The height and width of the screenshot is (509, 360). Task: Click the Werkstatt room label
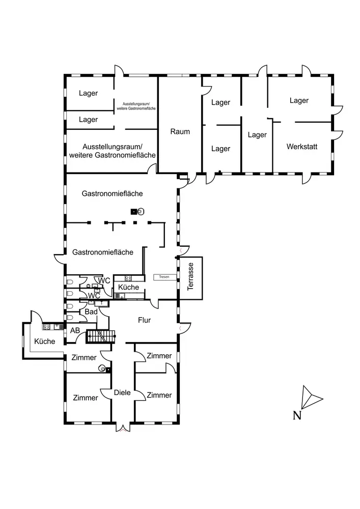(x=302, y=147)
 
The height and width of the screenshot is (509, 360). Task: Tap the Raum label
(x=180, y=131)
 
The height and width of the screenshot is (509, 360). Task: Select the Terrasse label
(x=190, y=276)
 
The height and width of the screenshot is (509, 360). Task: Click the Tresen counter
(x=165, y=277)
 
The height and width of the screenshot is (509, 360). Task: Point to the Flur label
(x=145, y=320)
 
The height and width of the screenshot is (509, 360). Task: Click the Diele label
(x=122, y=392)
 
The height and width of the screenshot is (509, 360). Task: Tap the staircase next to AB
(x=101, y=336)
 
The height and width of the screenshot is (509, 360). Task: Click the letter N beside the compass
(x=297, y=415)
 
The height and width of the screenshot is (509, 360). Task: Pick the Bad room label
(x=91, y=312)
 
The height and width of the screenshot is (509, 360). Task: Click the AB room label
(x=75, y=330)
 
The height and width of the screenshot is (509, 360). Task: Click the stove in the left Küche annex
(x=47, y=327)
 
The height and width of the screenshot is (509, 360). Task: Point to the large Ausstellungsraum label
(x=113, y=151)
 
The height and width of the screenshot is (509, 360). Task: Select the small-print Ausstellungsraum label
(x=136, y=106)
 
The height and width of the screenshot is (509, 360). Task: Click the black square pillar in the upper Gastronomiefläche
(x=133, y=212)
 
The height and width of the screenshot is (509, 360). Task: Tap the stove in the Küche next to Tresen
(x=128, y=278)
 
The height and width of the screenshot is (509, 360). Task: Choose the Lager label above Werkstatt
(x=299, y=101)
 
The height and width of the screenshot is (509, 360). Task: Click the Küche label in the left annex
(x=45, y=341)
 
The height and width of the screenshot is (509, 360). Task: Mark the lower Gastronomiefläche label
(x=102, y=252)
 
